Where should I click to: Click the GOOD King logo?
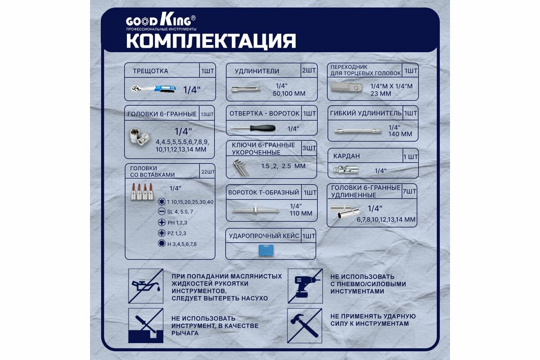click(161, 22)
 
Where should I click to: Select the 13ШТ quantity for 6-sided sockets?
click(207, 114)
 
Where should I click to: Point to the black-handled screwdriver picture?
click(253, 128)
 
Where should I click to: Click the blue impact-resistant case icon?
click(266, 251)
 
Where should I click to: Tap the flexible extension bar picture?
click(358, 131)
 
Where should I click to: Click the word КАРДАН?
click(346, 156)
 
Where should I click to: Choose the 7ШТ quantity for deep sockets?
click(409, 191)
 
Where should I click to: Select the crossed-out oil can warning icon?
click(145, 286)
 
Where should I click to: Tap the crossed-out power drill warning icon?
click(305, 286)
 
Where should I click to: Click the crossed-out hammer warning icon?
click(305, 325)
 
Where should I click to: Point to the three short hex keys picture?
click(240, 168)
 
